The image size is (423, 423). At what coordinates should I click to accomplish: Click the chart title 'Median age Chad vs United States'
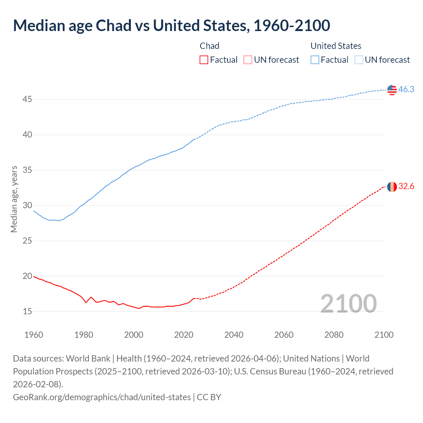pyautogui.click(x=171, y=26)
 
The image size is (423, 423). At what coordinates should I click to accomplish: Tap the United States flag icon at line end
pyautogui.click(x=392, y=90)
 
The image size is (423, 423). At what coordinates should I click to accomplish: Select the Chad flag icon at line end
pyautogui.click(x=392, y=187)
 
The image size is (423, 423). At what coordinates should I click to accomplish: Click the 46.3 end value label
pyautogui.click(x=406, y=90)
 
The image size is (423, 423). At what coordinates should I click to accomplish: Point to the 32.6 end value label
pyautogui.click(x=406, y=186)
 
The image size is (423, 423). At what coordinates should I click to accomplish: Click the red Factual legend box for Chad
pyautogui.click(x=204, y=60)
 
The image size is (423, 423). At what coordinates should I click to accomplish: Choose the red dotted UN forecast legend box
pyautogui.click(x=248, y=60)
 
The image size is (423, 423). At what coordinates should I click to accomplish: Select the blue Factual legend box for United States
pyautogui.click(x=315, y=60)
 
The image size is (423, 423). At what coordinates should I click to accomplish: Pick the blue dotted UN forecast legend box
pyautogui.click(x=359, y=60)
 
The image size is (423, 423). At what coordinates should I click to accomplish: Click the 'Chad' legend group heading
pyautogui.click(x=210, y=46)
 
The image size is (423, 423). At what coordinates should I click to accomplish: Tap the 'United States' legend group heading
pyautogui.click(x=336, y=46)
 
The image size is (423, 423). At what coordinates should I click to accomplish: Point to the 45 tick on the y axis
pyautogui.click(x=27, y=99)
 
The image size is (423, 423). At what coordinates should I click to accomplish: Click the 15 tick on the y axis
pyautogui.click(x=27, y=311)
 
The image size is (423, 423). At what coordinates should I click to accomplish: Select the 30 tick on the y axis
pyautogui.click(x=27, y=205)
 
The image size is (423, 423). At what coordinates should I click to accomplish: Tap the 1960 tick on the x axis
pyautogui.click(x=34, y=335)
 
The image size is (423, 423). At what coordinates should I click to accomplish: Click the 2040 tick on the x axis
pyautogui.click(x=234, y=335)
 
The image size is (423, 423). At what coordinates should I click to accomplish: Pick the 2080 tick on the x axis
pyautogui.click(x=334, y=335)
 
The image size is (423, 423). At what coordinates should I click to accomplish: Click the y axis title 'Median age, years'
pyautogui.click(x=14, y=199)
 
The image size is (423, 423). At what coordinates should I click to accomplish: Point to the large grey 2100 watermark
pyautogui.click(x=348, y=303)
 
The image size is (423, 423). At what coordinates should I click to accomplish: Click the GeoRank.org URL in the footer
pyautogui.click(x=102, y=397)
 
